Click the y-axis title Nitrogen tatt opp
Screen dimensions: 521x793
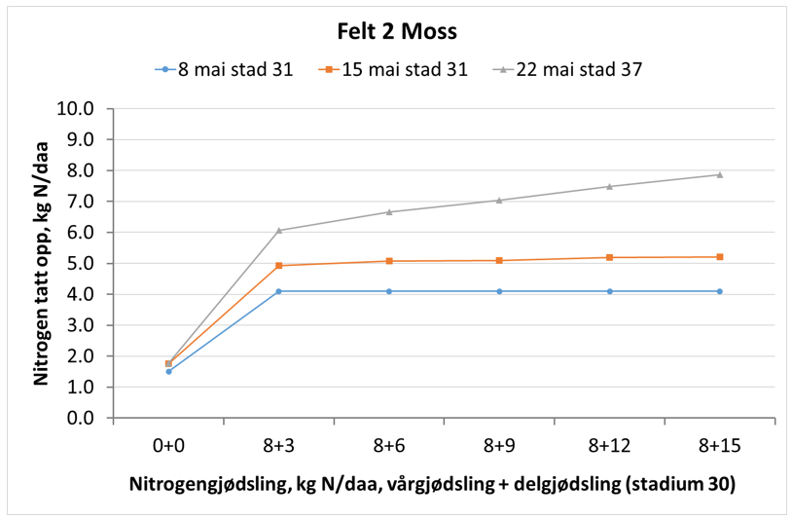(42, 263)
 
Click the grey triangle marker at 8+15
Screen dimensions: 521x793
(720, 174)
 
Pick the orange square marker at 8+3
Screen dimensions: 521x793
(279, 265)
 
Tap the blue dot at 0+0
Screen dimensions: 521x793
(168, 371)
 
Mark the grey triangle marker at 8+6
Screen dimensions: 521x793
(389, 211)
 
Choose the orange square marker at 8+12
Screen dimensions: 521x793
(610, 257)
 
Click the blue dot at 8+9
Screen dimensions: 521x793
(499, 291)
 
